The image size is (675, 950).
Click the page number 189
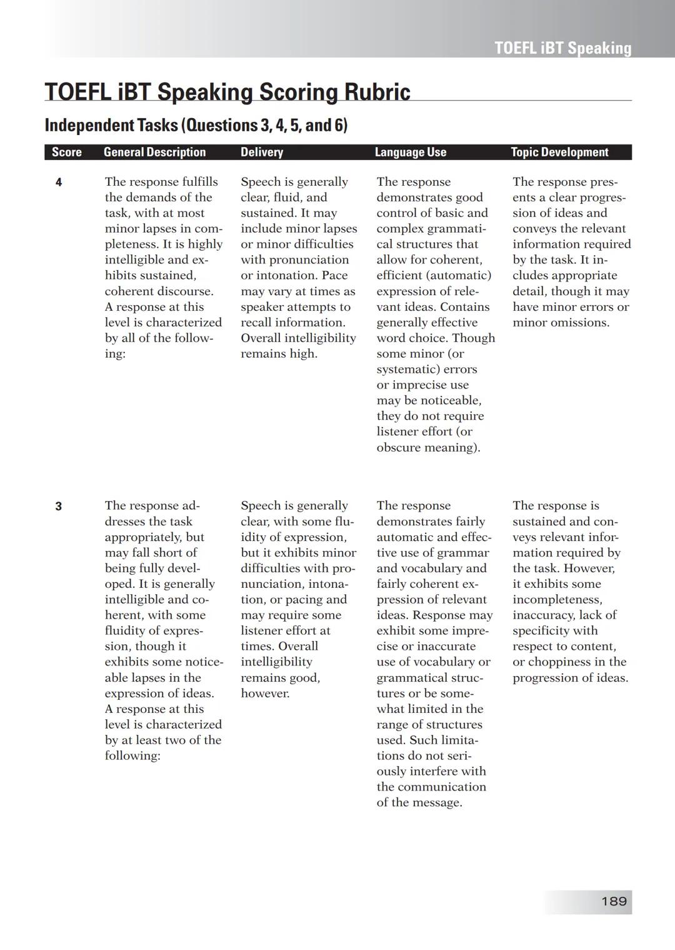click(614, 901)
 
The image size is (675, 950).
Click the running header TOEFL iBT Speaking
click(562, 48)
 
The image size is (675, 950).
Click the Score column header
click(66, 152)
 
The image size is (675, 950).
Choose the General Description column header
click(154, 152)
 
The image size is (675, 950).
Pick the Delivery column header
click(262, 152)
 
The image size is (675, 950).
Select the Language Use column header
click(411, 152)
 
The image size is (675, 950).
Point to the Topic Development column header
click(559, 152)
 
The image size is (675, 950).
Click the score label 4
click(59, 183)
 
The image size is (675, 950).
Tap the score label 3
click(59, 507)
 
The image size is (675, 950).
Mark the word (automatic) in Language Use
click(461, 275)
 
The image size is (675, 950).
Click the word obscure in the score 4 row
click(397, 447)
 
